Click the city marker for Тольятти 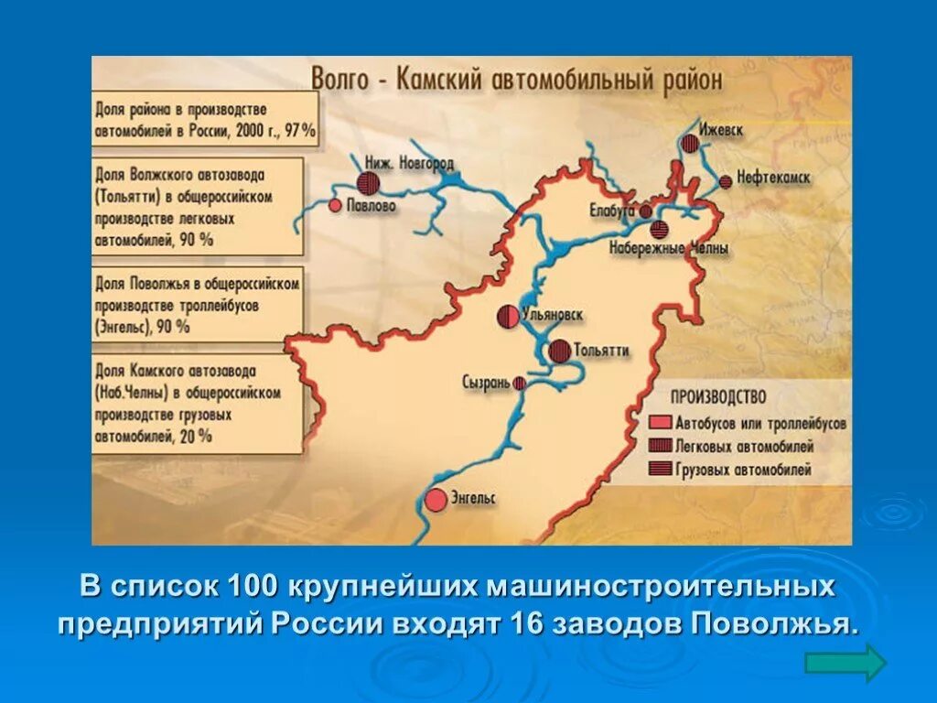pyautogui.click(x=560, y=351)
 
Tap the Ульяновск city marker pyautogui.click(x=508, y=317)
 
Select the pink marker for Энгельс pyautogui.click(x=436, y=500)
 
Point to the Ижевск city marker pyautogui.click(x=689, y=144)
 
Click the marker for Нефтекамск pyautogui.click(x=726, y=181)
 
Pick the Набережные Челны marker pyautogui.click(x=660, y=229)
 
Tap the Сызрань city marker pyautogui.click(x=520, y=384)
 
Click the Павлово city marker pyautogui.click(x=335, y=206)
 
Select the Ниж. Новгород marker pyautogui.click(x=368, y=182)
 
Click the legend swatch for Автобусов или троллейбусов pyautogui.click(x=661, y=425)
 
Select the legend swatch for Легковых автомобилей pyautogui.click(x=661, y=448)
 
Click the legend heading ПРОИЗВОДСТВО pyautogui.click(x=718, y=398)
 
